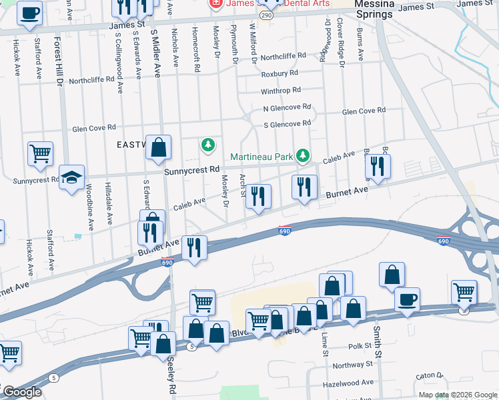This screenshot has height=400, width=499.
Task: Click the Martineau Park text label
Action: click(262, 157)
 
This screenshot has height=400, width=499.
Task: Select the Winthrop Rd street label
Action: click(281, 90)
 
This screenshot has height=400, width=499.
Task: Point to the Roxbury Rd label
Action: click(280, 73)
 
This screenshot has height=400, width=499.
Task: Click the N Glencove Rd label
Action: click(287, 107)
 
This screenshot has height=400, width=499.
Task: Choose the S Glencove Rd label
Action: click(288, 123)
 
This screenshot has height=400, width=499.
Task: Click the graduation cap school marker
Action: click(71, 177)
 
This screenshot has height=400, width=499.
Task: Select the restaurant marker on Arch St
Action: click(258, 197)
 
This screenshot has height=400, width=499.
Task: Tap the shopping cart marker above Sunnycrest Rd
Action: click(41, 153)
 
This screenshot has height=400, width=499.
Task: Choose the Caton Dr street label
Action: click(426, 377)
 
